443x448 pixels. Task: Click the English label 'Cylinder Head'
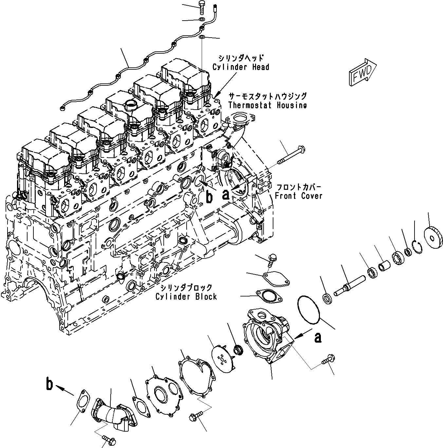241,67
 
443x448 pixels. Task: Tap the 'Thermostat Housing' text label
267,105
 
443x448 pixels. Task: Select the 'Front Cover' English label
299,196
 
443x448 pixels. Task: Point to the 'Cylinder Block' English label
186,296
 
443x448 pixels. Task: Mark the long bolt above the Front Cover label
290,155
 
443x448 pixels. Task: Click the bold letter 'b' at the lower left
49,384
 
